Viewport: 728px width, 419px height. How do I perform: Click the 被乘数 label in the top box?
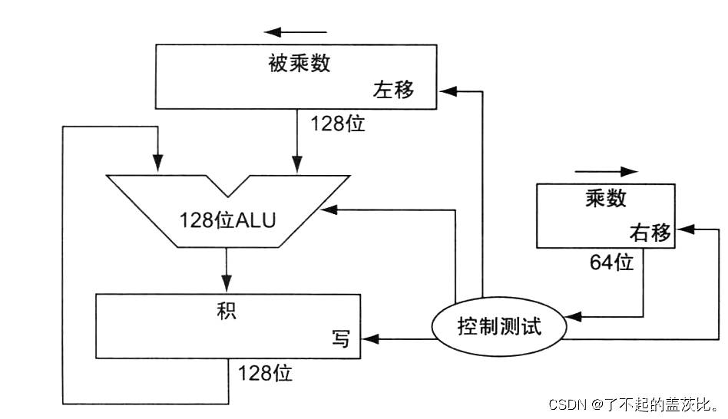click(x=299, y=63)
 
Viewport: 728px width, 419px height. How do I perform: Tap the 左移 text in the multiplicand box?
click(x=393, y=91)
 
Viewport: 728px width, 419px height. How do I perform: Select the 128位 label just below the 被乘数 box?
click(x=338, y=124)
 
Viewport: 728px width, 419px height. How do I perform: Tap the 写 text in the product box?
click(x=340, y=338)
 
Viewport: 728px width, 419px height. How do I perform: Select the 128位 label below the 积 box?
click(x=265, y=374)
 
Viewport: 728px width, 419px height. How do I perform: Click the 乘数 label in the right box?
click(x=605, y=199)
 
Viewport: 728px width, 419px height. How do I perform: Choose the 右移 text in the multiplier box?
click(x=650, y=233)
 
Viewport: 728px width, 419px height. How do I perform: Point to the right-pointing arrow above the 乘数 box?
click(x=607, y=171)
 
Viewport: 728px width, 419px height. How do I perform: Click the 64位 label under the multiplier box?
click(x=611, y=263)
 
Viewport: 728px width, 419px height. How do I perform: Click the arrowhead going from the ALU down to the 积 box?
click(x=226, y=285)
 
